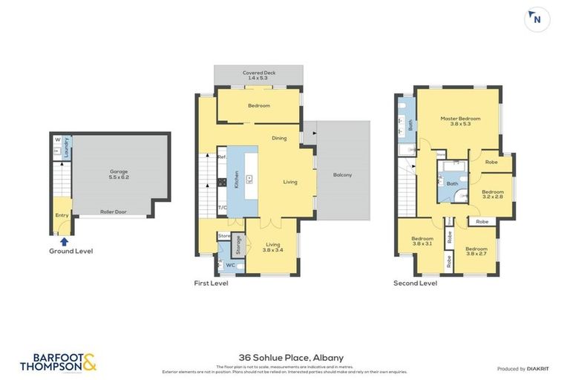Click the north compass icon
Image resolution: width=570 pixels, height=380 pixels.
pyautogui.click(x=537, y=20)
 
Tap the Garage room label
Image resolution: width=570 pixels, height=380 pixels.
pyautogui.click(x=114, y=174)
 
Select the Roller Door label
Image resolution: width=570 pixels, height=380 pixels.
pyautogui.click(x=114, y=212)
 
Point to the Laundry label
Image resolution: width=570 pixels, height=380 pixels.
pyautogui.click(x=66, y=148)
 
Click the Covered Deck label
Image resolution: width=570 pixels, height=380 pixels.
pyautogui.click(x=258, y=75)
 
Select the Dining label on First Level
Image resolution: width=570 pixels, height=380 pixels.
pyautogui.click(x=279, y=138)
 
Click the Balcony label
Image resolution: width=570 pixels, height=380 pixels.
pyautogui.click(x=342, y=174)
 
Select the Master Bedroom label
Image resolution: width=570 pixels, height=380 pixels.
pyautogui.click(x=460, y=121)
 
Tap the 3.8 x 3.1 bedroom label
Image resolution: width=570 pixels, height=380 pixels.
pyautogui.click(x=422, y=241)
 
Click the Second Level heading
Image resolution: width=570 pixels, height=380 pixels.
pyautogui.click(x=415, y=283)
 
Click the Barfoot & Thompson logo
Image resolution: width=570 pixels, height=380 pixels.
pyautogui.click(x=58, y=361)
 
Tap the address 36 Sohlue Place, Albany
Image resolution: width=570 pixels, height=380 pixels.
pyautogui.click(x=286, y=357)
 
